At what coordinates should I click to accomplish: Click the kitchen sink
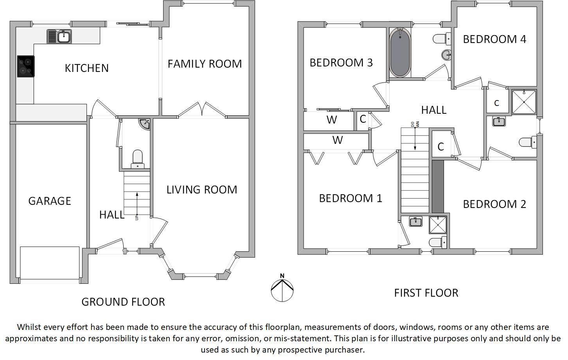tap(59, 37)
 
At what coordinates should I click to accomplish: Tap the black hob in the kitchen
tap(26, 66)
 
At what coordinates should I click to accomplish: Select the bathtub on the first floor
tap(400, 52)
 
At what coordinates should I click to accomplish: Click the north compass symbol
tap(282, 290)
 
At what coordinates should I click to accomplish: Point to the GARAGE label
tap(50, 201)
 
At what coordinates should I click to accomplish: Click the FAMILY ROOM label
tap(205, 64)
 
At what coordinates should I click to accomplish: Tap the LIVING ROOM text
tap(202, 190)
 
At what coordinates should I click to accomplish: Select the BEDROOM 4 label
tap(494, 39)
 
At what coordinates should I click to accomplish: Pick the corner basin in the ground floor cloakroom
tap(144, 124)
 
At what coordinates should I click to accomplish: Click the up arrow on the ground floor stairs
tap(137, 203)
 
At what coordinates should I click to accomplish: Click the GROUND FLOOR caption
tap(123, 302)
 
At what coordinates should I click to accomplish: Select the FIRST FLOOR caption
tap(426, 293)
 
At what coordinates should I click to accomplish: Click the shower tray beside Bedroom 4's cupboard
tap(524, 102)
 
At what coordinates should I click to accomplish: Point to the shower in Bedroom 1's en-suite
tap(438, 225)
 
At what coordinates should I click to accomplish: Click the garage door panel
tap(50, 263)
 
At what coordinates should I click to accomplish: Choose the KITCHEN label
tap(86, 68)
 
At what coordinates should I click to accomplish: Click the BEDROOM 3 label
tap(341, 63)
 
